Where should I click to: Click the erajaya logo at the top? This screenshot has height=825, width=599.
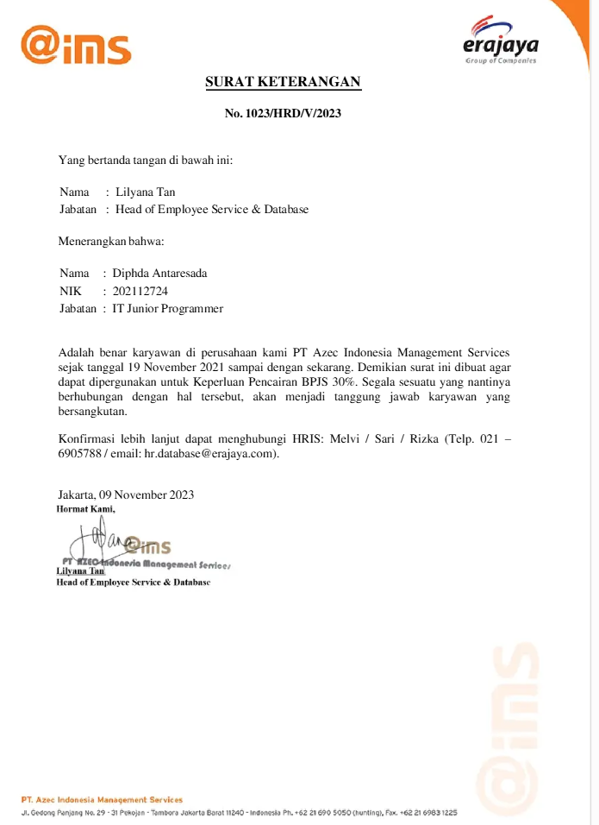click(500, 42)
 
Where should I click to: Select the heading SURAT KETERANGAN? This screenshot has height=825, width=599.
click(283, 83)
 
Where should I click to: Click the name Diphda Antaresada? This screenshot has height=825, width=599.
click(159, 274)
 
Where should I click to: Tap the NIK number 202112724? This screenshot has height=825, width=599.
click(140, 291)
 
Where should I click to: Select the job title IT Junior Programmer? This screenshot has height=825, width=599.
click(167, 308)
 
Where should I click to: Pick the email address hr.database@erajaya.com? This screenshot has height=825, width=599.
click(210, 454)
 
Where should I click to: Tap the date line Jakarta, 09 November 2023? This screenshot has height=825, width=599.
click(126, 494)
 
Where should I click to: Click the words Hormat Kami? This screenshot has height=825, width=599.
click(85, 508)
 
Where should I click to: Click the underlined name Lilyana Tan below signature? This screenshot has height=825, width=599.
click(80, 571)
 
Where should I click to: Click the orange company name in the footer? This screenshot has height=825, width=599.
click(102, 800)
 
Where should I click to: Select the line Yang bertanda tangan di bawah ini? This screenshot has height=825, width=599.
click(145, 160)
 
